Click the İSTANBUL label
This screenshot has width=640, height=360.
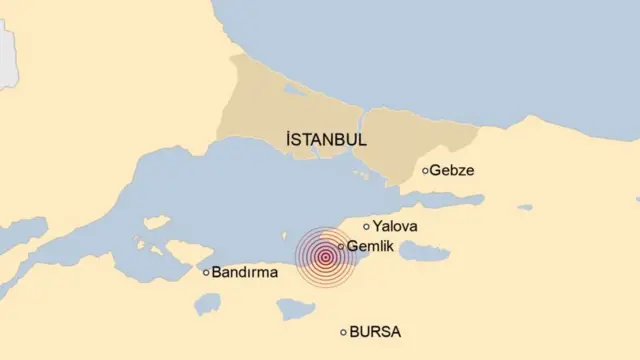tap(325, 140)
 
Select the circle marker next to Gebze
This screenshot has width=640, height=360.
tap(425, 171)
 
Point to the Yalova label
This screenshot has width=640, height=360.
tap(395, 227)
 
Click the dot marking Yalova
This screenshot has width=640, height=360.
tap(366, 227)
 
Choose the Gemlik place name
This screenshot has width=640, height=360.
tap(370, 246)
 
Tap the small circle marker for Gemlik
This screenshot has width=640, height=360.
tap(341, 246)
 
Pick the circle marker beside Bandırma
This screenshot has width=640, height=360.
tap(207, 272)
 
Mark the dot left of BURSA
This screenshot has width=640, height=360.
tap(344, 332)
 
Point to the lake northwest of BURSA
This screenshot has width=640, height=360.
tap(296, 310)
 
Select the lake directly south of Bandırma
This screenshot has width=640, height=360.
tap(208, 303)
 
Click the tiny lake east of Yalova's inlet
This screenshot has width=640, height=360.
tap(525, 208)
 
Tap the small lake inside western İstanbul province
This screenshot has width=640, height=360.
tap(293, 89)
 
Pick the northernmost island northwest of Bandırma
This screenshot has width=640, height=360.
tap(156, 223)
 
